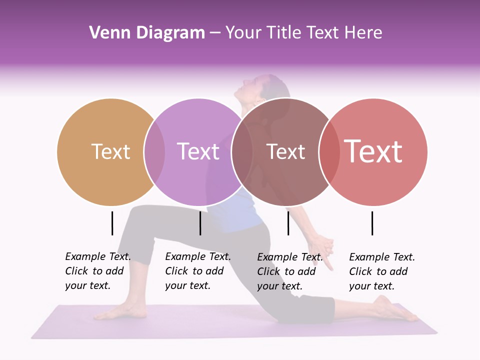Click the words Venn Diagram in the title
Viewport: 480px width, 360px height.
(x=147, y=33)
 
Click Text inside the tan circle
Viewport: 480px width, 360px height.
(x=110, y=152)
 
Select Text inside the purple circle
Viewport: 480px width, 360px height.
(x=198, y=152)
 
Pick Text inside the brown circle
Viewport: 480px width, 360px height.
(x=285, y=152)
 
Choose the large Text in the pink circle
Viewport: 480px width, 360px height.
(x=373, y=151)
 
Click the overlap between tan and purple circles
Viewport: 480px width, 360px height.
(x=154, y=152)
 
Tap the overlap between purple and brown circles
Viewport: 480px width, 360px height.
(x=242, y=152)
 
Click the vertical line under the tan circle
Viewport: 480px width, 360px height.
(x=112, y=223)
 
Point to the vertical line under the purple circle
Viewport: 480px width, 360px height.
(x=200, y=223)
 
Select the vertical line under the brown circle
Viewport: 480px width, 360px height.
(x=288, y=223)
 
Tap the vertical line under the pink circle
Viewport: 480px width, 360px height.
(x=372, y=223)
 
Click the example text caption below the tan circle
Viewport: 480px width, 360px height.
(x=97, y=271)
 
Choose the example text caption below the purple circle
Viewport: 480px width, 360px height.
(x=197, y=271)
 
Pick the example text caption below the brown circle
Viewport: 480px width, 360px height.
(x=289, y=271)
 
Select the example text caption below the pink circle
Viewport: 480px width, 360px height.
(x=381, y=271)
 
